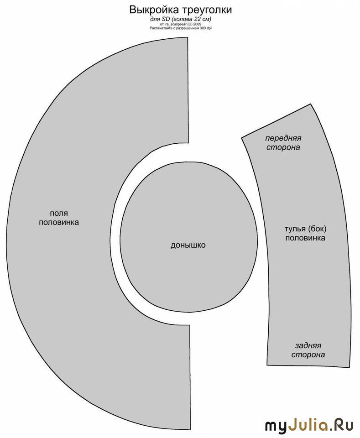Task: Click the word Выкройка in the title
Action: point(154,10)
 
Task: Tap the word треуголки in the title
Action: point(207,10)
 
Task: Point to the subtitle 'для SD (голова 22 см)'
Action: point(180,19)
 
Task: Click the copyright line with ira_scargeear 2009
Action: point(180,24)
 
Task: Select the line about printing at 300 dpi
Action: point(180,28)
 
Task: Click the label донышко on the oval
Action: point(188,245)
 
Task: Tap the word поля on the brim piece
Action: point(59,213)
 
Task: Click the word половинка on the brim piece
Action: point(59,222)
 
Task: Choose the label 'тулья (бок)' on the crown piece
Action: point(306,229)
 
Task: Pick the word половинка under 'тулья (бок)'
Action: point(305,238)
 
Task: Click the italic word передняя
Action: point(283,138)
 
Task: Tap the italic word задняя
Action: point(308,345)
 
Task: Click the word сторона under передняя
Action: point(283,147)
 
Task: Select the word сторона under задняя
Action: point(308,355)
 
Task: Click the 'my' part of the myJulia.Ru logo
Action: point(276,426)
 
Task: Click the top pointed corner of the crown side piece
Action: point(310,104)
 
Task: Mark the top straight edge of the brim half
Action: point(188,90)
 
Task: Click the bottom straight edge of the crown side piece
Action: point(308,366)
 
